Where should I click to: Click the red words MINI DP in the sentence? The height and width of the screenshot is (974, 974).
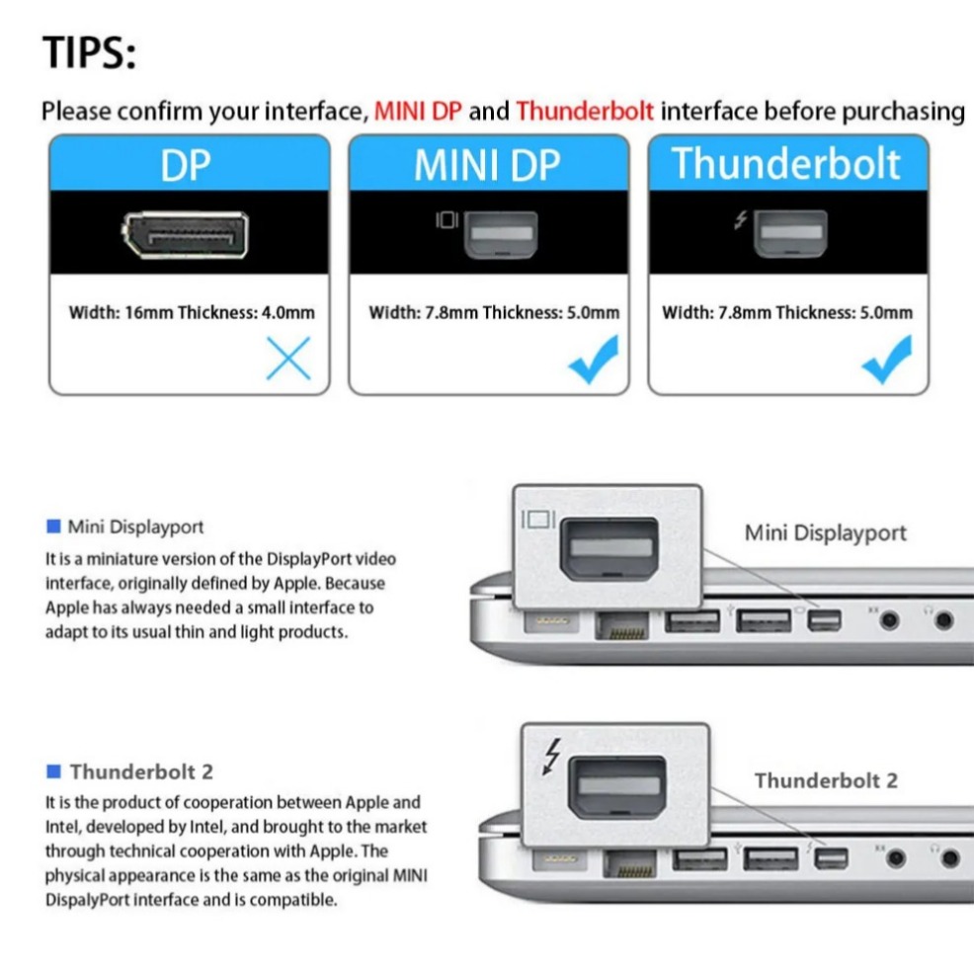coord(418,112)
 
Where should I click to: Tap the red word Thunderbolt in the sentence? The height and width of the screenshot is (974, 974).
coord(584,112)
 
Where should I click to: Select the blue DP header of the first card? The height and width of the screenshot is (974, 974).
coord(188,165)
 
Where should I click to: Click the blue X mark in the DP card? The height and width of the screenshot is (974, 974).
coord(288,359)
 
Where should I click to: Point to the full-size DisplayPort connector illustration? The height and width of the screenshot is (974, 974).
coord(185,235)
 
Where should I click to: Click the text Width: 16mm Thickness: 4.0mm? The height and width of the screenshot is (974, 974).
coord(192,313)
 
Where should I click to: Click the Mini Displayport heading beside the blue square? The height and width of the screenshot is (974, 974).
coord(135,527)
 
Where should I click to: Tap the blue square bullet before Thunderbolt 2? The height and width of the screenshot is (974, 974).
coord(53,771)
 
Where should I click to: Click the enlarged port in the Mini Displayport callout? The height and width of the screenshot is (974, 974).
coord(609,548)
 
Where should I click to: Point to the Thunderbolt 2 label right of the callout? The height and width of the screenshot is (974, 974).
coord(826,780)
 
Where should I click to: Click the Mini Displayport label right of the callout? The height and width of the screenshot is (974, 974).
coord(825,533)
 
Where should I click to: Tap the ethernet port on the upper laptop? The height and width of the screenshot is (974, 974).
coord(621,624)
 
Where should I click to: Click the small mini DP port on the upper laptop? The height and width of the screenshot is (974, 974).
coord(824,621)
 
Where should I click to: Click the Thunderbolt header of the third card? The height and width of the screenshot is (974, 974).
coord(787,163)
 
